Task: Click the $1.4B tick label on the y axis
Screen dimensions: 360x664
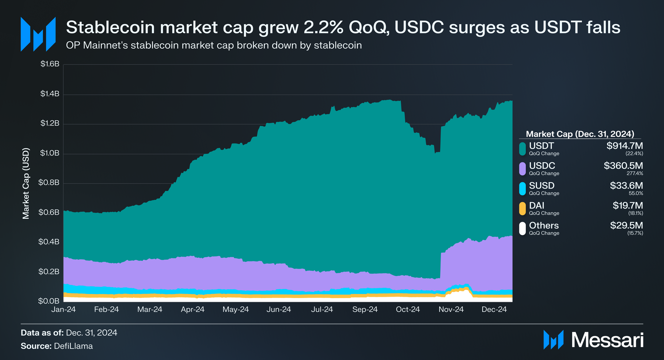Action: click(x=50, y=94)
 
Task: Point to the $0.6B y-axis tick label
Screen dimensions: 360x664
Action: click(x=49, y=212)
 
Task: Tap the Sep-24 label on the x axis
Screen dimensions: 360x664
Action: click(x=365, y=310)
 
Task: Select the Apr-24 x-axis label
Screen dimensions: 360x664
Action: click(x=193, y=310)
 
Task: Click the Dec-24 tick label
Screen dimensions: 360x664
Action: click(x=494, y=310)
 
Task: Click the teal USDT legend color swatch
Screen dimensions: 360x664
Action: click(x=522, y=149)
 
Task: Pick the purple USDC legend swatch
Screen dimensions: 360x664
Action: click(x=522, y=169)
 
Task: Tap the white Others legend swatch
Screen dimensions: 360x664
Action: click(x=522, y=229)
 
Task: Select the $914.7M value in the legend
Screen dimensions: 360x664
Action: click(x=624, y=146)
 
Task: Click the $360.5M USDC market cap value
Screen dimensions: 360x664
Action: click(x=623, y=165)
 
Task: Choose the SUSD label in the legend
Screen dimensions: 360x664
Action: click(x=542, y=186)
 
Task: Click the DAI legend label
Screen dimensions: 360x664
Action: click(x=537, y=205)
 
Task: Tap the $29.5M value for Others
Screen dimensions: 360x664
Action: click(x=626, y=225)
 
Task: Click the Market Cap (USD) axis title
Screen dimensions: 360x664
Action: click(x=26, y=183)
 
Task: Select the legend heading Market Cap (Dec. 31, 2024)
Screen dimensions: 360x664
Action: click(x=580, y=134)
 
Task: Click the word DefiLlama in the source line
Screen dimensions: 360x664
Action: click(x=73, y=346)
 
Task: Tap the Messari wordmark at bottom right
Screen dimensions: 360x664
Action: click(x=607, y=340)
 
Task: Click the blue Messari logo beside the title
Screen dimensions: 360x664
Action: click(x=38, y=34)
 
